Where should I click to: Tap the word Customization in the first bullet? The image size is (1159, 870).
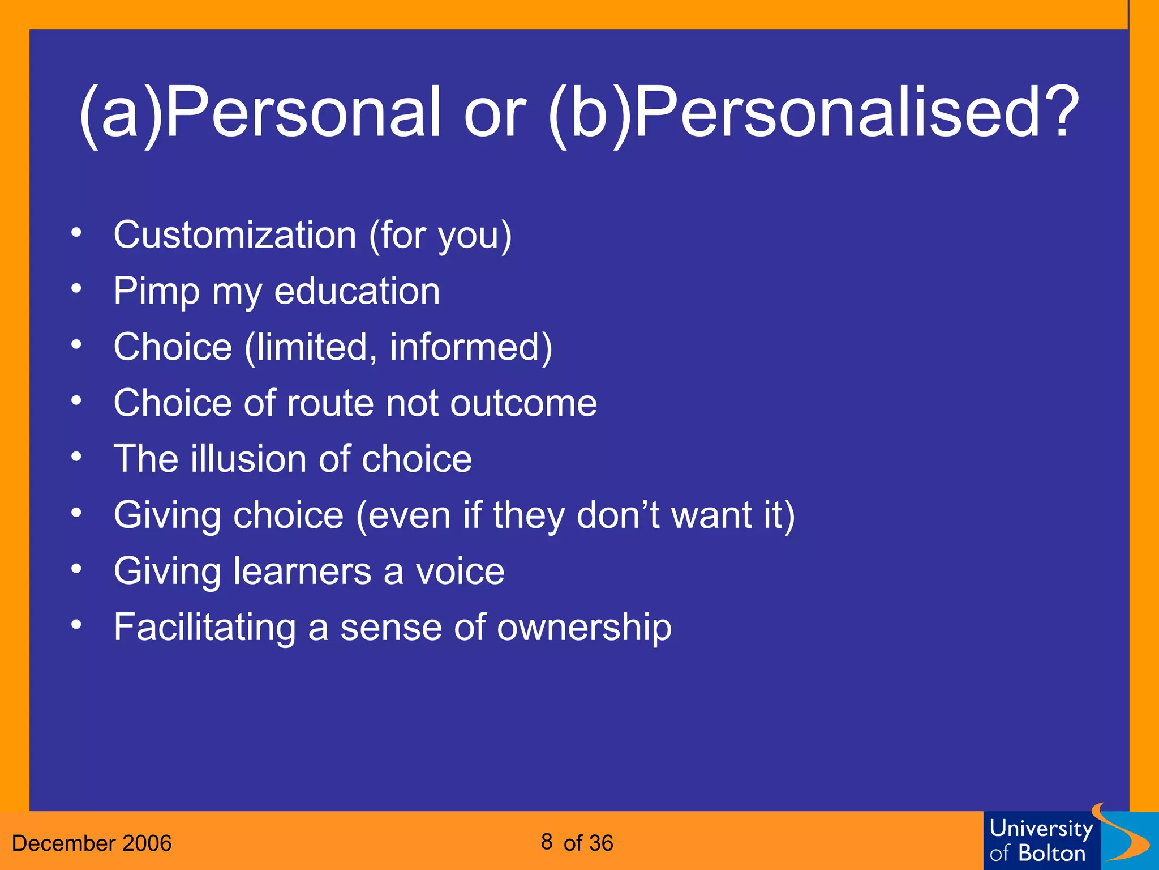pyautogui.click(x=235, y=235)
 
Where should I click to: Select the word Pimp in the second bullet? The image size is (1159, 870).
pyautogui.click(x=157, y=292)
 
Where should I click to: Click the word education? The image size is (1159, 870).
pyautogui.click(x=357, y=291)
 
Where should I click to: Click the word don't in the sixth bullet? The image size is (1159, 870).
pyautogui.click(x=617, y=515)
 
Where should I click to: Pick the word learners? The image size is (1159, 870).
pyautogui.click(x=302, y=571)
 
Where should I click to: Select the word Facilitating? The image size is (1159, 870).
pyautogui.click(x=204, y=628)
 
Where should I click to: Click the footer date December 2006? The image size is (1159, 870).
pyautogui.click(x=92, y=843)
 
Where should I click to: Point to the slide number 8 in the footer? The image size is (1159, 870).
pyautogui.click(x=546, y=842)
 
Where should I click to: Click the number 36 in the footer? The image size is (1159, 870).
pyautogui.click(x=600, y=843)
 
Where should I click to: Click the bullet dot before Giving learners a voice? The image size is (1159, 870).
pyautogui.click(x=76, y=568)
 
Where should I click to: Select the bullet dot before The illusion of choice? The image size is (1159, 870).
pyautogui.click(x=76, y=456)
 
